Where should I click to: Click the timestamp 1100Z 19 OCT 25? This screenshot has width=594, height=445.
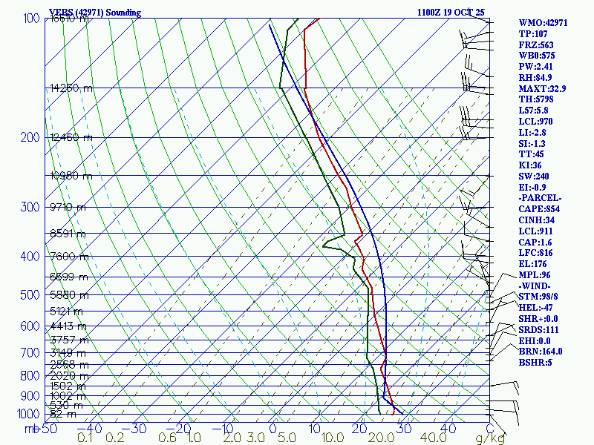coord(452,13)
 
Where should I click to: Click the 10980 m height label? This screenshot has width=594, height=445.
coord(71,176)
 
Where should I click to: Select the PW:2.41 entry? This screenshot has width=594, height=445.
coord(538,67)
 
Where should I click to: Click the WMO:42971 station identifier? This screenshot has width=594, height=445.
coord(543,23)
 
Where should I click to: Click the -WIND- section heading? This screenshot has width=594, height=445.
coord(537,286)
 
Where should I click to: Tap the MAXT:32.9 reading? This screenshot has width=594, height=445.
coord(542,89)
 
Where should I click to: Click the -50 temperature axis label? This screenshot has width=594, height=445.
coord(49,428)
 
